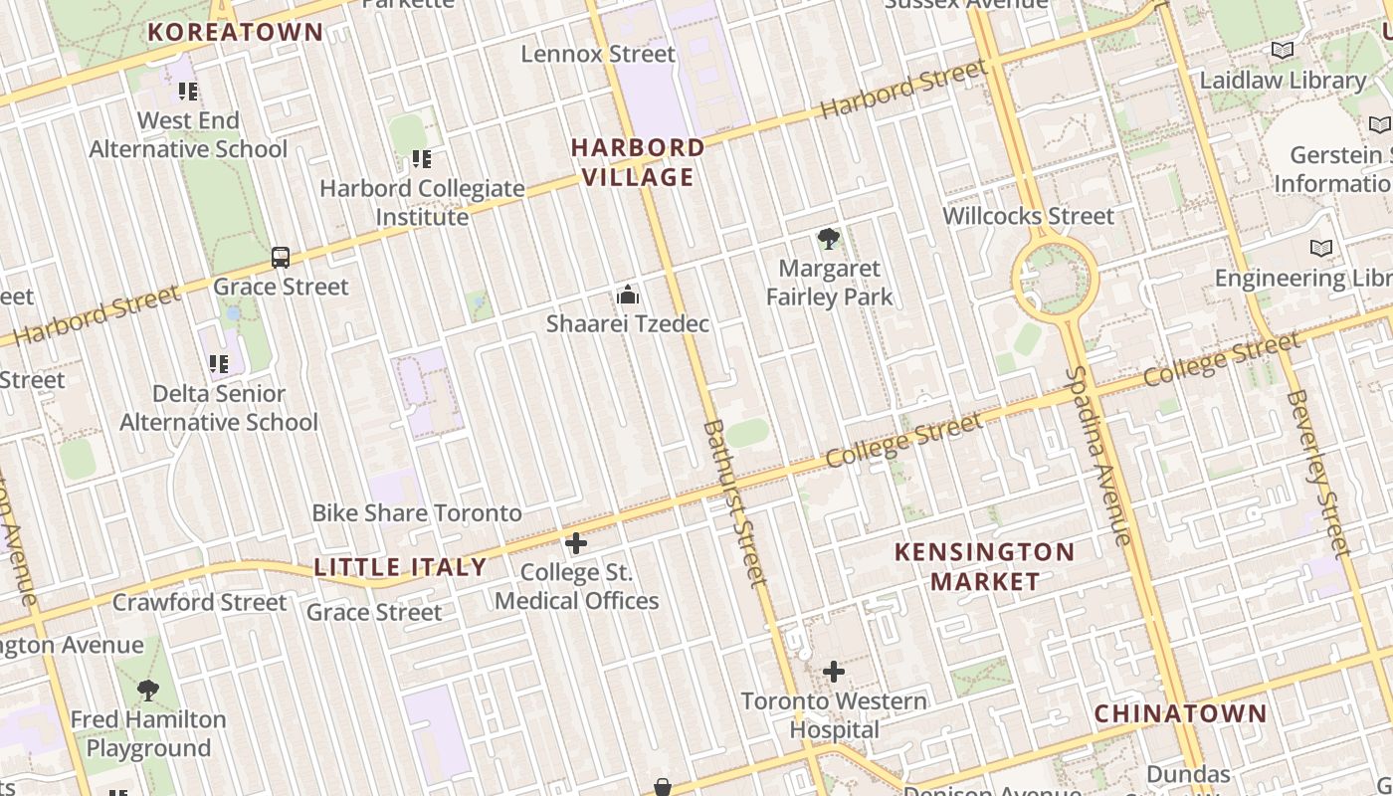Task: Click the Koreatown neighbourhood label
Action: pyautogui.click(x=236, y=32)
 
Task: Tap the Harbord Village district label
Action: pyautogui.click(x=638, y=162)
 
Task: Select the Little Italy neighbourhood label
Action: pyautogui.click(x=400, y=567)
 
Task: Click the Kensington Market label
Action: pyautogui.click(x=984, y=566)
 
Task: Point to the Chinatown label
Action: pyautogui.click(x=1180, y=713)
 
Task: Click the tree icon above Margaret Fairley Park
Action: pyautogui.click(x=828, y=239)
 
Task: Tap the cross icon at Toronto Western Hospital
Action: pyautogui.click(x=834, y=673)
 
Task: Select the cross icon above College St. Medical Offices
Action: pyautogui.click(x=576, y=543)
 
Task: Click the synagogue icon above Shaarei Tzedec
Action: pyautogui.click(x=627, y=295)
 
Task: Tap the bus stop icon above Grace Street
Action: pyautogui.click(x=281, y=258)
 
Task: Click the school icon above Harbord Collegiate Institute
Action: pyautogui.click(x=421, y=159)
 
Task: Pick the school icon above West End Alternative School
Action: pyautogui.click(x=188, y=92)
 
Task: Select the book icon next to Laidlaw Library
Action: pyautogui.click(x=1283, y=51)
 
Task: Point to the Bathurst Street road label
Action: pyautogui.click(x=735, y=502)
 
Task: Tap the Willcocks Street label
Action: pyautogui.click(x=1028, y=216)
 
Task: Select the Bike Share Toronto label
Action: pyautogui.click(x=417, y=513)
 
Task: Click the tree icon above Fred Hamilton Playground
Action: pyautogui.click(x=147, y=690)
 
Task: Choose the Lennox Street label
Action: pyautogui.click(x=598, y=54)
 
